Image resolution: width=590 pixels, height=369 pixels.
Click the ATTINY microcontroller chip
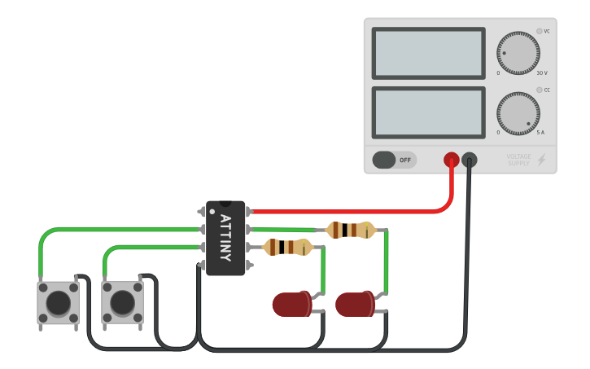(225, 238)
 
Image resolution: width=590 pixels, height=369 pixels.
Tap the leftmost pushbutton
(58, 302)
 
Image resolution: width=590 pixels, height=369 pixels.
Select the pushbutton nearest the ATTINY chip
(122, 302)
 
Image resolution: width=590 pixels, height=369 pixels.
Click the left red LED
(291, 305)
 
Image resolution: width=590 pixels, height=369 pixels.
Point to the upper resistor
(350, 231)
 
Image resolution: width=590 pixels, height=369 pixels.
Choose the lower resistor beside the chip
(287, 247)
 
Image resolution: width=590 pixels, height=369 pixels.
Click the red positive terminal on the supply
(451, 160)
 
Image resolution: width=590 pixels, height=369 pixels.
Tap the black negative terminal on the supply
(470, 160)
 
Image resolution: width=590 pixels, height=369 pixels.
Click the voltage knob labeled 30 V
(518, 54)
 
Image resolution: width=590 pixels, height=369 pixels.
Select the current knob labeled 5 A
(518, 114)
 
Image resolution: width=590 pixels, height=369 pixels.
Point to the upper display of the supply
(428, 54)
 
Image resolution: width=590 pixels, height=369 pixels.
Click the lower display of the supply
(428, 112)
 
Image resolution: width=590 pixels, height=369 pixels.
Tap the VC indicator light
(539, 31)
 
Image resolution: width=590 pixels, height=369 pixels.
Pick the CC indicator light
(539, 90)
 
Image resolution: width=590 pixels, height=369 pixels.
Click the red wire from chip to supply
(350, 212)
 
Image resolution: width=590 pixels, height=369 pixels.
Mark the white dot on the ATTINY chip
(212, 212)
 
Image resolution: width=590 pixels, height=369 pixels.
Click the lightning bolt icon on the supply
(541, 160)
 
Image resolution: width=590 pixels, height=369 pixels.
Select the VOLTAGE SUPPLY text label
(518, 160)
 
